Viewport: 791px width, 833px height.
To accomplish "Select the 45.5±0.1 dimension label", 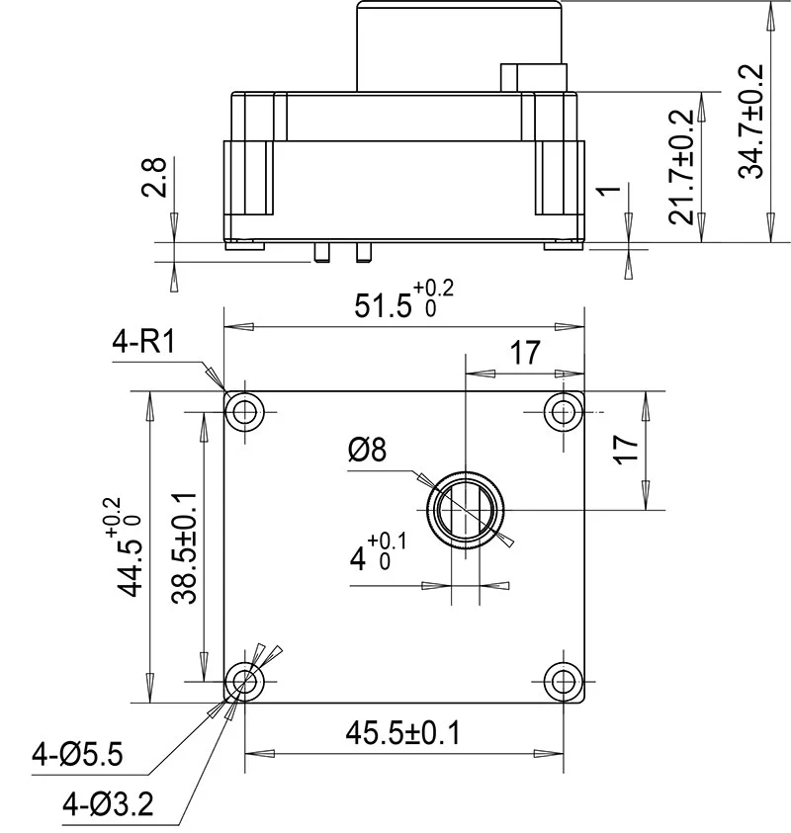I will click(403, 733).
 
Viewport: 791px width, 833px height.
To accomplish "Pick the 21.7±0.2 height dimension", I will click(682, 168).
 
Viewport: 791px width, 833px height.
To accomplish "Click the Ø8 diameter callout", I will click(367, 451).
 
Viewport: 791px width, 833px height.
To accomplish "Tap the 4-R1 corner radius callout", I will click(143, 343).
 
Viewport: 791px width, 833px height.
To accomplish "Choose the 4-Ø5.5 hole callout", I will click(77, 756).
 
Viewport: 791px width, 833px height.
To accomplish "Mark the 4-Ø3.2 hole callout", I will click(108, 805).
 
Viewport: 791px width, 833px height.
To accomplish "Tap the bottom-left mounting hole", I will click(244, 680).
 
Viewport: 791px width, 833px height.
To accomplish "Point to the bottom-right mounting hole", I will click(565, 680).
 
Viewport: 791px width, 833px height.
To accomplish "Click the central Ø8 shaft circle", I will click(466, 511).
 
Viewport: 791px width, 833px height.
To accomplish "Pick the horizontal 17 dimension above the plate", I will click(525, 353).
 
